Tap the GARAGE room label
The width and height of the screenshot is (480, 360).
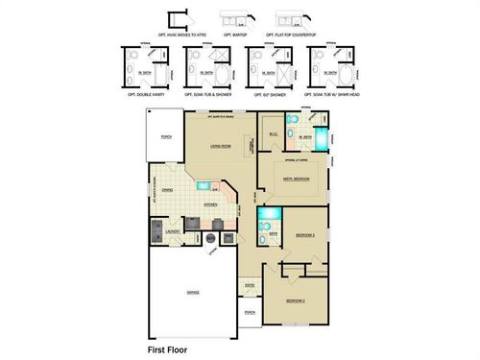coord(192,292)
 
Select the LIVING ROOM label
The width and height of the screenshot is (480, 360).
coord(221,146)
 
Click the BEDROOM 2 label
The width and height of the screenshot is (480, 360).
coord(295,300)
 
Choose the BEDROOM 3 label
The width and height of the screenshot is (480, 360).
coord(305,235)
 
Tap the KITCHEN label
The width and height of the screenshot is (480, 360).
coord(211,204)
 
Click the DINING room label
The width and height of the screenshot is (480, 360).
coord(167,190)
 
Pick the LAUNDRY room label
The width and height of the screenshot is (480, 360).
coord(174,231)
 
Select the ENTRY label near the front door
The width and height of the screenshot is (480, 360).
coord(250,285)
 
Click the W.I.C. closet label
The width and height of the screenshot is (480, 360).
coord(273,132)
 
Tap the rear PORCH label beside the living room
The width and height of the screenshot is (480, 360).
coord(166,137)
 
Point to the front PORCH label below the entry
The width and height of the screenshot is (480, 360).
coord(250,313)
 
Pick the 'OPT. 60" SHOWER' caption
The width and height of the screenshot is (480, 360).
coord(270,96)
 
